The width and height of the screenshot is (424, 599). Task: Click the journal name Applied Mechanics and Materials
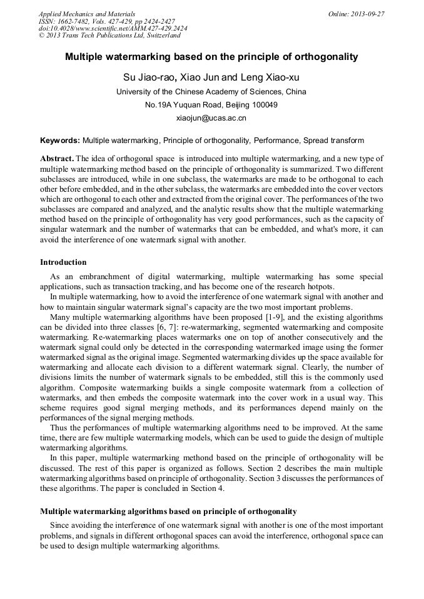87,14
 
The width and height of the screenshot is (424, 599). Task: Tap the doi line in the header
113,29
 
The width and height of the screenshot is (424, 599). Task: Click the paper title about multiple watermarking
211,57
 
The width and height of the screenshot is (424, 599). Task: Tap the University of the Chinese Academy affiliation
211,91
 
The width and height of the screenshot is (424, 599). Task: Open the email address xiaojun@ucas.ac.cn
211,117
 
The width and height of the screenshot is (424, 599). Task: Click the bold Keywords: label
60,141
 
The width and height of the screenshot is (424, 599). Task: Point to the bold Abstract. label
57,159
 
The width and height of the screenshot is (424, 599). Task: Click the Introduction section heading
63,262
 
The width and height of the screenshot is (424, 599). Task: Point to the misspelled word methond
191,458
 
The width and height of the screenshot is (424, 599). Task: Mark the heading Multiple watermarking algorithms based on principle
168,511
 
